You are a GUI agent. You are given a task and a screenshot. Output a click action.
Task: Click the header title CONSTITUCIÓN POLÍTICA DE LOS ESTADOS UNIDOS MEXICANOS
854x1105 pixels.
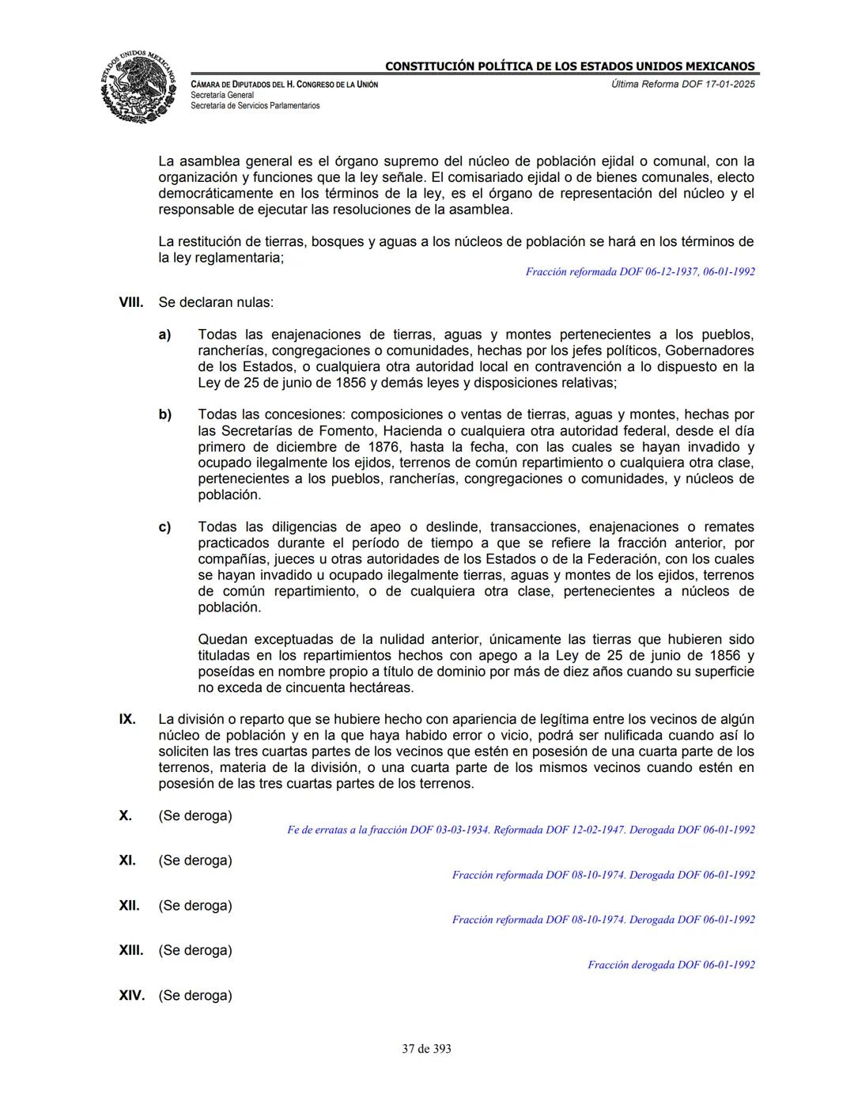(x=569, y=66)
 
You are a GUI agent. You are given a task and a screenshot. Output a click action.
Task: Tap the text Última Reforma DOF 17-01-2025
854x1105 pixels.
(x=682, y=84)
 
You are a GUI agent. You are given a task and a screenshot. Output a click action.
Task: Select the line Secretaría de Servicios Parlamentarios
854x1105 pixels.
(x=255, y=105)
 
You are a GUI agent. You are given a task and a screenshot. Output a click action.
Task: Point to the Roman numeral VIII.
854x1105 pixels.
(x=130, y=302)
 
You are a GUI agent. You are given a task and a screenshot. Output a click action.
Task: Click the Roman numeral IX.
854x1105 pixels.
(x=127, y=719)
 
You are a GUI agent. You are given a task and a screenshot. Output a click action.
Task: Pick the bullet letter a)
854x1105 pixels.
(x=164, y=335)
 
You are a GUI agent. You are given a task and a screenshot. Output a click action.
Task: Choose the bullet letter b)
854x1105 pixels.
(x=164, y=414)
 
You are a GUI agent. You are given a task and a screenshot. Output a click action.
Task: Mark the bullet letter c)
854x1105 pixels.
(x=164, y=527)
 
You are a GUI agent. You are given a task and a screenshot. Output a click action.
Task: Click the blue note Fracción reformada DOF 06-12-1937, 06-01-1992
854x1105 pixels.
(x=640, y=271)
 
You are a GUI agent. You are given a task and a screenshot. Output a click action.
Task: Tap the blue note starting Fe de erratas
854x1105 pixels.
(x=520, y=830)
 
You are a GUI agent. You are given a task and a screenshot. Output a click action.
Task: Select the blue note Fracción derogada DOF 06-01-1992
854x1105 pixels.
(x=671, y=964)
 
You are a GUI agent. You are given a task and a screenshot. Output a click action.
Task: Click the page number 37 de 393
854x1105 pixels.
(x=426, y=1049)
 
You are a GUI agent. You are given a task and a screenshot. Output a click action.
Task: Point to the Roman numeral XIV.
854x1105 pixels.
(x=131, y=995)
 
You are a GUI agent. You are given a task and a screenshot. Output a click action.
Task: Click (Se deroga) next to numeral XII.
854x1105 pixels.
(x=195, y=906)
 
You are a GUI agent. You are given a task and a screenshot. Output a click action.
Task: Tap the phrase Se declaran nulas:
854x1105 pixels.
(x=216, y=302)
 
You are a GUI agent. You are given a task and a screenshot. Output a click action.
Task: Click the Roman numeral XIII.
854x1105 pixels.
(x=130, y=950)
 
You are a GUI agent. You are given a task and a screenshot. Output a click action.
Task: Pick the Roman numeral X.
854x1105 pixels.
(x=126, y=816)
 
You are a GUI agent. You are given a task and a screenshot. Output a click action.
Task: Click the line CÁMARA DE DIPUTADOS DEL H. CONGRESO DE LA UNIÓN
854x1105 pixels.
(x=284, y=84)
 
